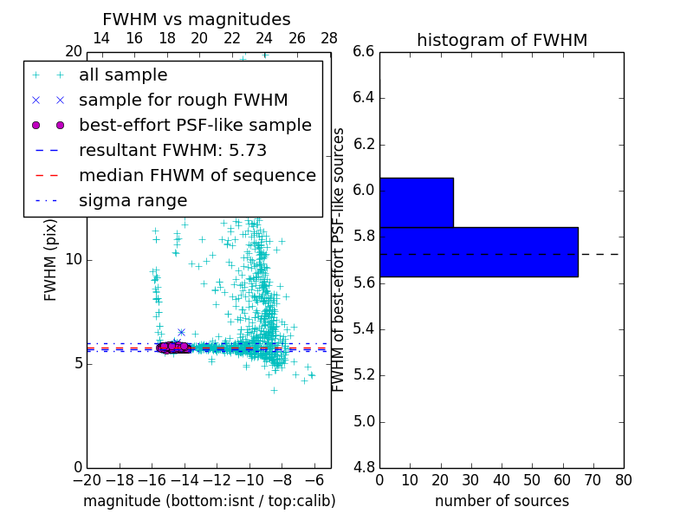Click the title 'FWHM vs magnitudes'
(x=197, y=19)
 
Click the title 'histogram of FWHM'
(x=502, y=40)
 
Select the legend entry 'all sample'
(x=123, y=75)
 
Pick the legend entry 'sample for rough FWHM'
(x=183, y=100)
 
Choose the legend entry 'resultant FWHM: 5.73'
(x=172, y=150)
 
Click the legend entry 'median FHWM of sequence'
(x=197, y=175)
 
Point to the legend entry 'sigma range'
(x=133, y=200)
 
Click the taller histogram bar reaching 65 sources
(x=478, y=252)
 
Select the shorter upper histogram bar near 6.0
(x=416, y=203)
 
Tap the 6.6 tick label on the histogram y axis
(x=364, y=51)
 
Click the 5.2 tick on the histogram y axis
(x=364, y=375)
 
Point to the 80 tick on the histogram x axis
(x=623, y=479)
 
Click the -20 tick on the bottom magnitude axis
(x=87, y=479)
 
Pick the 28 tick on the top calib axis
(x=329, y=38)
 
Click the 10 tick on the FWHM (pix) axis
(x=74, y=259)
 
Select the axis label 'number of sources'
(x=502, y=501)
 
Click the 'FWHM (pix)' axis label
(x=51, y=259)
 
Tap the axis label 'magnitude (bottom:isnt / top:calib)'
(x=209, y=501)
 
